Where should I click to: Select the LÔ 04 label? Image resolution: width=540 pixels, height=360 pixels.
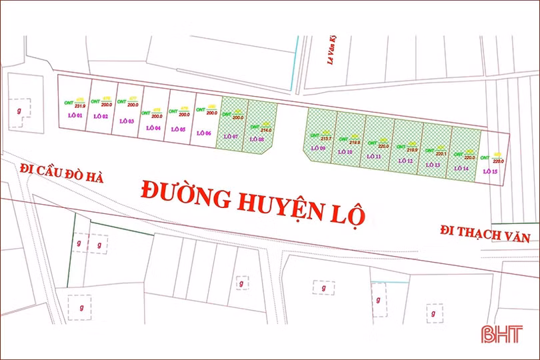153,127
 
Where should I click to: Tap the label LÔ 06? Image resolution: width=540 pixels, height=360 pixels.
204,133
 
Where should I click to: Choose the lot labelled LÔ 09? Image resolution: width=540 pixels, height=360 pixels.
317,148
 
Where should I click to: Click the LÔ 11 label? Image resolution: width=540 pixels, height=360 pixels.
374,157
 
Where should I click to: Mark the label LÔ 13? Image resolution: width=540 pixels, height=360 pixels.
433,164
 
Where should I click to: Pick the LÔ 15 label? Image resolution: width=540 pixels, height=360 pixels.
490,171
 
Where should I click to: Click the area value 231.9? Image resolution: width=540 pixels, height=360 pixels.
79,105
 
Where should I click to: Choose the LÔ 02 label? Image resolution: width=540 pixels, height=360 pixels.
101,117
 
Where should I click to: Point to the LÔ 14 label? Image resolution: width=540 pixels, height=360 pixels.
461,168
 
